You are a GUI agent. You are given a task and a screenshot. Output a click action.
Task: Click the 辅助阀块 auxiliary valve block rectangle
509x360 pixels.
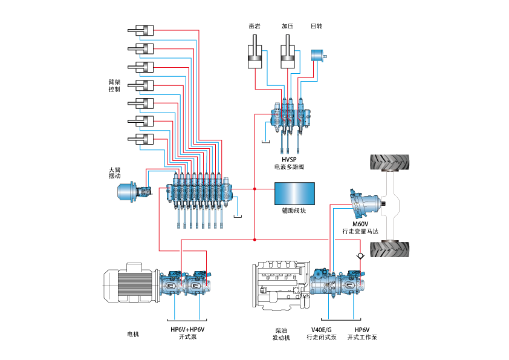click(294, 194)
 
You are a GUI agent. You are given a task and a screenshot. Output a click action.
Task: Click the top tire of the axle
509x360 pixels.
click(391, 164)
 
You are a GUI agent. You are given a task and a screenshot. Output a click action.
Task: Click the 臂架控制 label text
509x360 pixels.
click(114, 85)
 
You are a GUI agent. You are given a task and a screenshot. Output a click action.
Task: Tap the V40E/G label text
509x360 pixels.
click(322, 330)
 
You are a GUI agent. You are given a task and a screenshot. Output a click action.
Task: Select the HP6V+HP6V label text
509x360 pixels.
click(187, 330)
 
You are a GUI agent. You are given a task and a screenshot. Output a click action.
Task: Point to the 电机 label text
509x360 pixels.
click(133, 334)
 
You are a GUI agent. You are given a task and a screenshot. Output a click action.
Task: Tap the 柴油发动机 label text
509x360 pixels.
click(281, 334)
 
